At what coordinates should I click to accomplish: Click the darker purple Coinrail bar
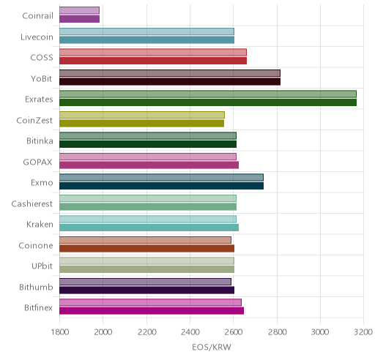point(79,19)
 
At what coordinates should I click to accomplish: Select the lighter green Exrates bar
point(208,94)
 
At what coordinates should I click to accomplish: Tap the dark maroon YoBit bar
point(170,81)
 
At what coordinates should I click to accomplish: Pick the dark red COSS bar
point(153,61)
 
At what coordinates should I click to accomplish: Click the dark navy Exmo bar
point(161,186)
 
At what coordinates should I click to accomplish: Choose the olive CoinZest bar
point(141,123)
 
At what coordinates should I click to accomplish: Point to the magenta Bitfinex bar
point(152,311)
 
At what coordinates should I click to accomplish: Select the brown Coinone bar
point(146,248)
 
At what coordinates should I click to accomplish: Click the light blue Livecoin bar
point(146,31)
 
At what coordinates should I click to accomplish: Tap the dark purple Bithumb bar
point(146,290)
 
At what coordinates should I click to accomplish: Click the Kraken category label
point(40,224)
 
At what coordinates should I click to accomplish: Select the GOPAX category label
point(37,162)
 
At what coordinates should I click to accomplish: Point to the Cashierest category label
point(31,203)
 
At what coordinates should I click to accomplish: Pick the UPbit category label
point(42,266)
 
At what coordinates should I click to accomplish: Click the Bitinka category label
point(40,141)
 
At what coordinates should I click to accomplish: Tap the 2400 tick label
point(190,332)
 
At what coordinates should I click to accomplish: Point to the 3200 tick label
point(363,332)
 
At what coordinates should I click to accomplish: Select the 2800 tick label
point(277,332)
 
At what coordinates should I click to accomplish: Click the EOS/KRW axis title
point(212,347)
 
